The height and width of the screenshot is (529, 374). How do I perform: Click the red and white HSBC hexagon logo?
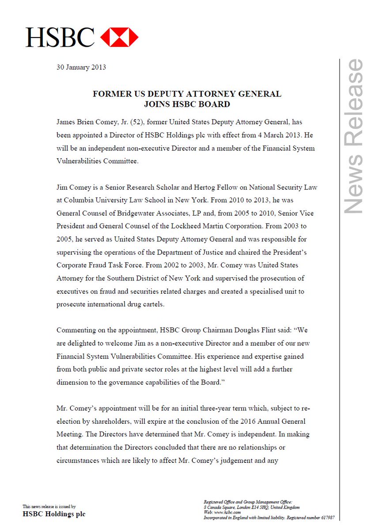119,37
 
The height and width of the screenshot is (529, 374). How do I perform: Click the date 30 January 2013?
81,67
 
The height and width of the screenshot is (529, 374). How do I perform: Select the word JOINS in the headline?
158,104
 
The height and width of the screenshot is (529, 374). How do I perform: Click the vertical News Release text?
354,137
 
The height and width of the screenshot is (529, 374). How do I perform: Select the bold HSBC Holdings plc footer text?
54,514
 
